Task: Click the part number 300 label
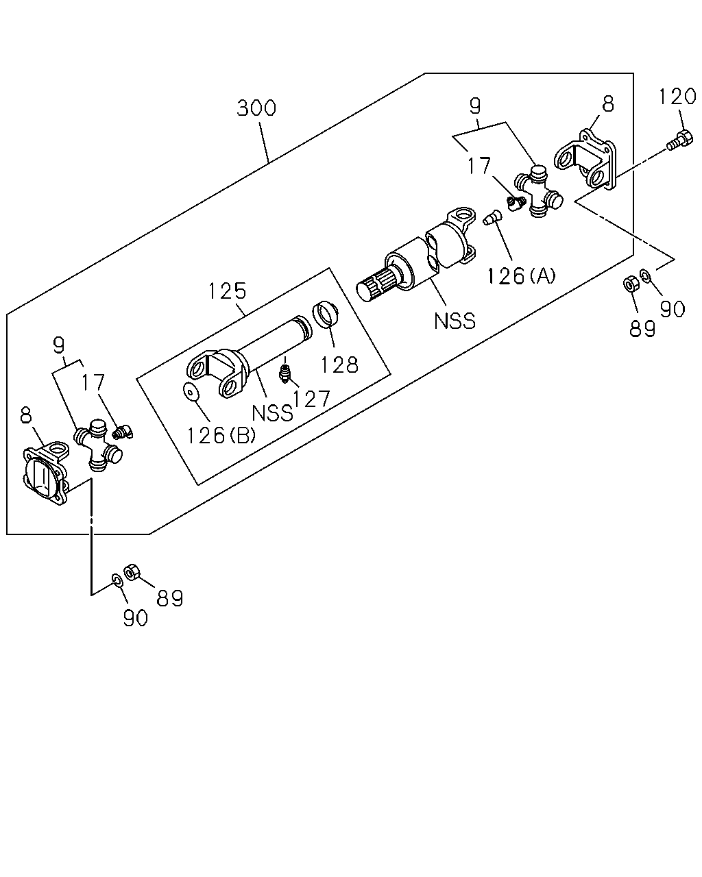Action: [256, 108]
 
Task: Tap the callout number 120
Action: [677, 97]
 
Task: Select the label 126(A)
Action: [521, 276]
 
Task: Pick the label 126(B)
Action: [221, 435]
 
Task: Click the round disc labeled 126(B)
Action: [190, 392]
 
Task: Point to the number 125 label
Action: [228, 291]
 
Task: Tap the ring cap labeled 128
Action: [326, 314]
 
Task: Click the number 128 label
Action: [339, 365]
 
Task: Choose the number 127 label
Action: [311, 399]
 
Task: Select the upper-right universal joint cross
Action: [538, 190]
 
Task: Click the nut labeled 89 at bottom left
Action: [132, 572]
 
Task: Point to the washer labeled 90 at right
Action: [645, 276]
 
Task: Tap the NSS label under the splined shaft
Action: [455, 321]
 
